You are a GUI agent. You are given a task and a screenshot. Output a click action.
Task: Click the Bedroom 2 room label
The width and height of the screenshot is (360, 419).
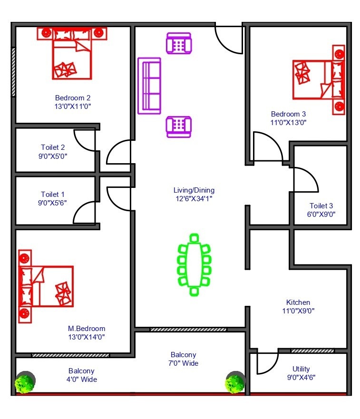72,98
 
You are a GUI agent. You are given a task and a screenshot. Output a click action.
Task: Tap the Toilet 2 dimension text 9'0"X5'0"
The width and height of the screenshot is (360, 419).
53,156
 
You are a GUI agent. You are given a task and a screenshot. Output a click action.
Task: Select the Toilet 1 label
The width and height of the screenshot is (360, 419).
53,194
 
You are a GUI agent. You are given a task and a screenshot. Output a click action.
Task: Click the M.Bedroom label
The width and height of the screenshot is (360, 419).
86,329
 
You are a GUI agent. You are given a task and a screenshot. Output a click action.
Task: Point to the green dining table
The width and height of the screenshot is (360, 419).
194,264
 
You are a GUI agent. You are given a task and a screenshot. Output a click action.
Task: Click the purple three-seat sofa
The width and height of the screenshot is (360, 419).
149,86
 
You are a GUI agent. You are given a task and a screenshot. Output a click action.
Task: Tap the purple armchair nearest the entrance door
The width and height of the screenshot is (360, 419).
178,44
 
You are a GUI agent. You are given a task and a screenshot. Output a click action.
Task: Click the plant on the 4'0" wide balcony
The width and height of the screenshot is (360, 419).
25,383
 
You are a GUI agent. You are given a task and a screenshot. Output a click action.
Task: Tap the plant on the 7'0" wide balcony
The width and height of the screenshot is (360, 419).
235,383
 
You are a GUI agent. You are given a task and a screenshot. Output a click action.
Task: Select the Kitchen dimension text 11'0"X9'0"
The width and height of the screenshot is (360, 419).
298,311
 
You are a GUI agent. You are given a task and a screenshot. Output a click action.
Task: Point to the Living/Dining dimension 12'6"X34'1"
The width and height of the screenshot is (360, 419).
194,199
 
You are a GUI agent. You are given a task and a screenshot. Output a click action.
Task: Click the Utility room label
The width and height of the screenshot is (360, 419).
301,369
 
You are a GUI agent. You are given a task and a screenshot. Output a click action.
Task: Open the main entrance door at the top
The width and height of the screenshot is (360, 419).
229,38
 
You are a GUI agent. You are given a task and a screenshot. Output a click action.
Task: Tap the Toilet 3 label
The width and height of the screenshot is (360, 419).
321,205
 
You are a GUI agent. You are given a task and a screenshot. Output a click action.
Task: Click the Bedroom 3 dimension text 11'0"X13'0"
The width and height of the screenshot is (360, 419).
288,122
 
